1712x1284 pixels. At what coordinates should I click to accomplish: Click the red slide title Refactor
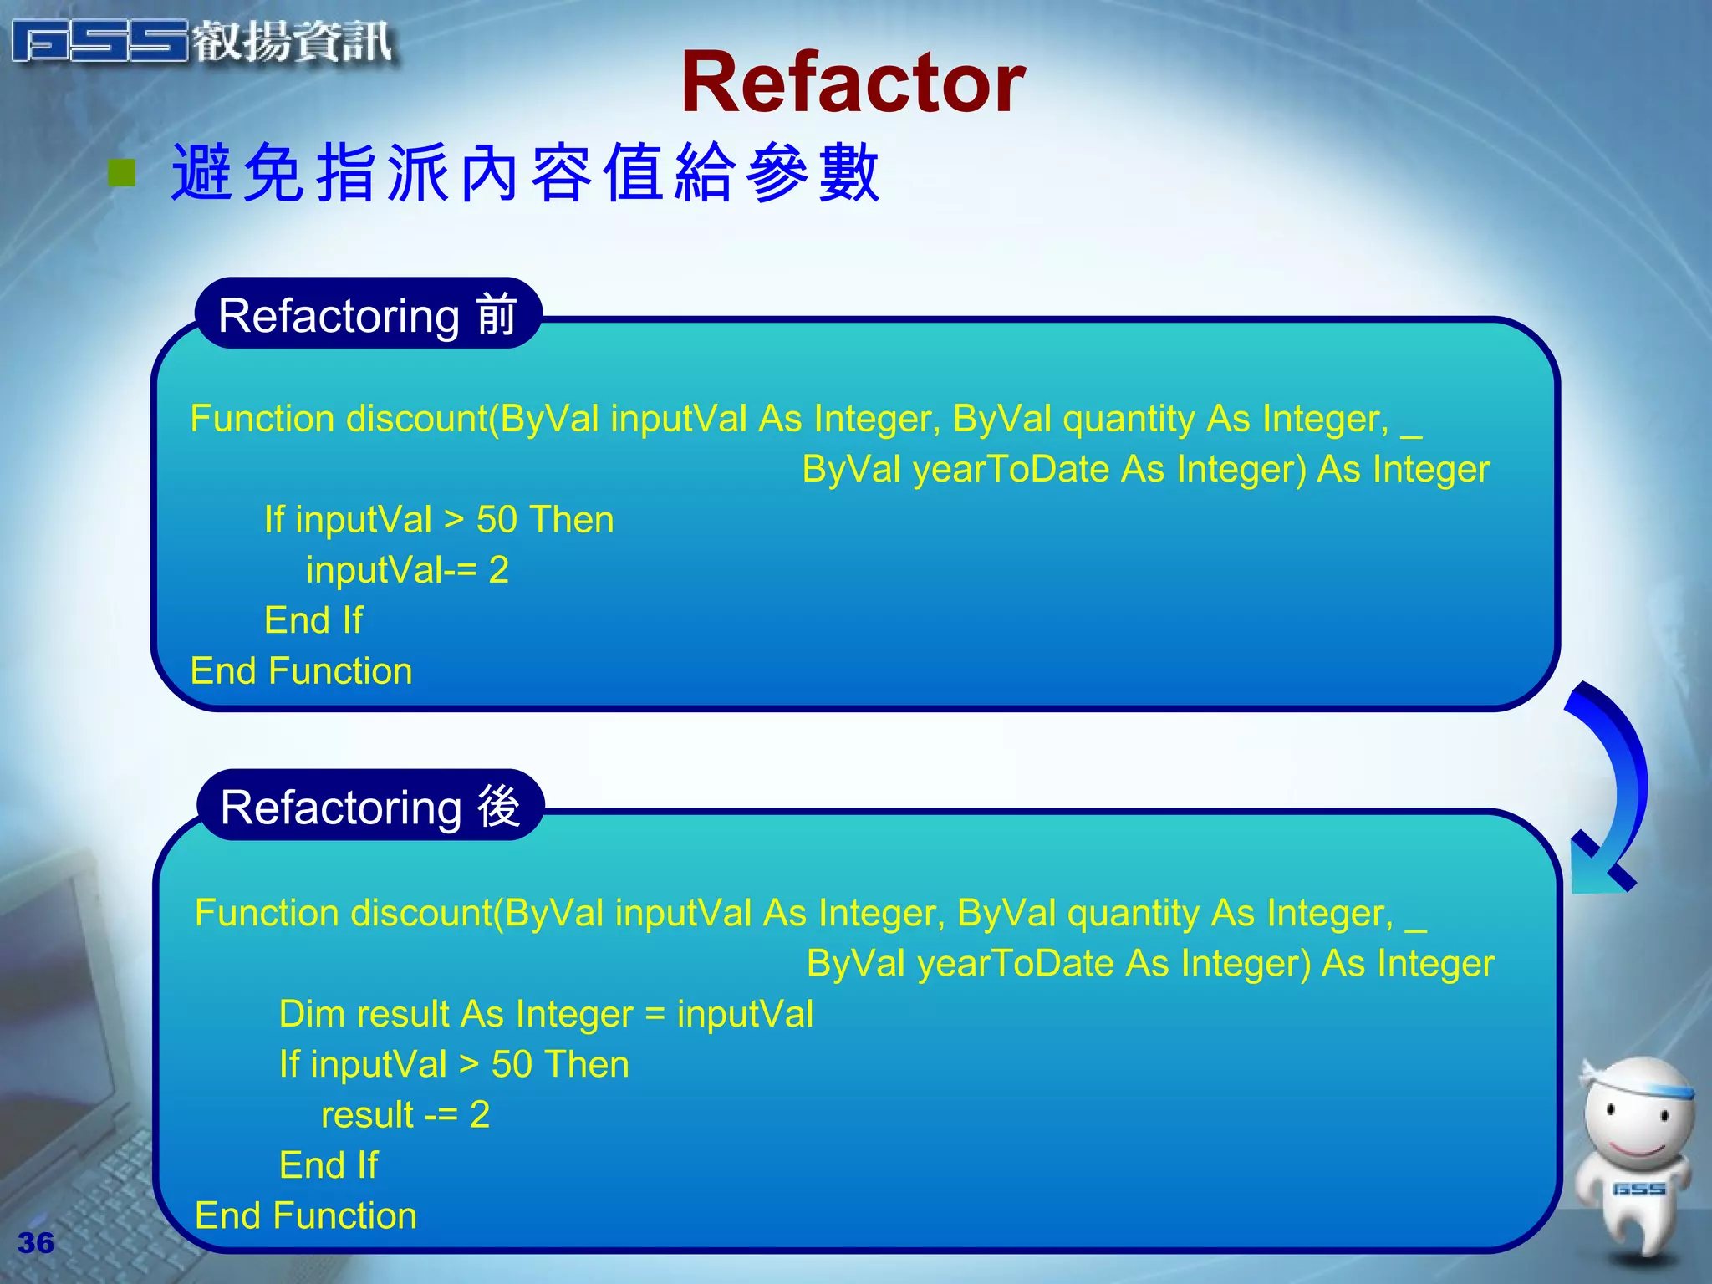(x=853, y=83)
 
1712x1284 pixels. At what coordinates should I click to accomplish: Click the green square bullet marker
(x=122, y=173)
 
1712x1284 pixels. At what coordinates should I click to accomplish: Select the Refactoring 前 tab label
(x=368, y=315)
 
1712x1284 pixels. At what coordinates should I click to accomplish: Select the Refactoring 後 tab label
(x=370, y=807)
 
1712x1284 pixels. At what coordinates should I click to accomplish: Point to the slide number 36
(x=36, y=1242)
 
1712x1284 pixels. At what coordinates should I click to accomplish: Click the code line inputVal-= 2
(x=407, y=570)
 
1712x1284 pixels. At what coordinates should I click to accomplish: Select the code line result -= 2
(x=405, y=1114)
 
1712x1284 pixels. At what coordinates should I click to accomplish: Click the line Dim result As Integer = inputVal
(x=546, y=1014)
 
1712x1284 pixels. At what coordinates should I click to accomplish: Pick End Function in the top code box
(x=301, y=670)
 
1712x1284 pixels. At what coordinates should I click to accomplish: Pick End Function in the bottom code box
(x=305, y=1215)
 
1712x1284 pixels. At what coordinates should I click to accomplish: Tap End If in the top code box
(x=313, y=620)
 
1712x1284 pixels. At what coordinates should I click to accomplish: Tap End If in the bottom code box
(x=329, y=1165)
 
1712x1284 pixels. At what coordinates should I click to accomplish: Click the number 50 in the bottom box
(x=512, y=1064)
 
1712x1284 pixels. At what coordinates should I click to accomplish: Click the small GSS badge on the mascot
(x=1638, y=1189)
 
